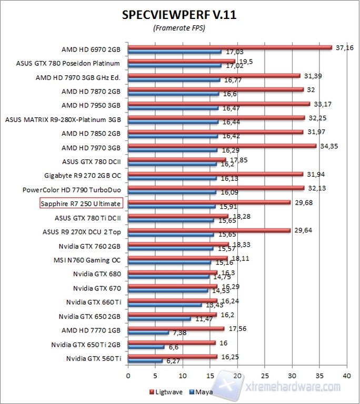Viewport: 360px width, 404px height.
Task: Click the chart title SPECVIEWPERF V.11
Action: coord(179,15)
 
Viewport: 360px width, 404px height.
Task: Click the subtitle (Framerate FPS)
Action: coord(179,28)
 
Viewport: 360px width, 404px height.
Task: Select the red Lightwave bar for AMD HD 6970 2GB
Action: coord(229,47)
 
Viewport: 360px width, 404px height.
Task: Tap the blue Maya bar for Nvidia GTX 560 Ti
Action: coord(145,361)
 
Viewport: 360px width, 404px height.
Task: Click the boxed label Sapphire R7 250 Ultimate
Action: coord(81,204)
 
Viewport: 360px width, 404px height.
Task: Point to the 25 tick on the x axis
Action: coord(265,376)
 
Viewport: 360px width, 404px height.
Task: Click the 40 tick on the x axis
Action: coord(346,376)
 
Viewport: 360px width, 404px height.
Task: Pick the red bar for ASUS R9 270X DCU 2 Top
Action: coord(209,230)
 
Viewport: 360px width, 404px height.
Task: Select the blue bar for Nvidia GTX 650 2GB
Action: coord(159,318)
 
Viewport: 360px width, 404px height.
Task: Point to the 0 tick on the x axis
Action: coord(128,376)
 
